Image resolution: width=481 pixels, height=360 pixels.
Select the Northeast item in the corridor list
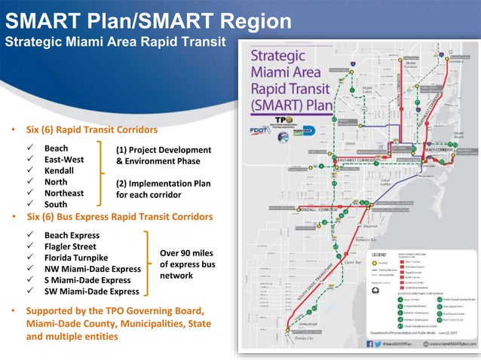(x=64, y=193)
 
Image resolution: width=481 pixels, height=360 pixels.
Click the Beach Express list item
(x=72, y=235)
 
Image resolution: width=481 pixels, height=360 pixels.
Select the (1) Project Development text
(x=164, y=150)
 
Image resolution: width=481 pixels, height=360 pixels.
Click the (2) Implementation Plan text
(x=163, y=184)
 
